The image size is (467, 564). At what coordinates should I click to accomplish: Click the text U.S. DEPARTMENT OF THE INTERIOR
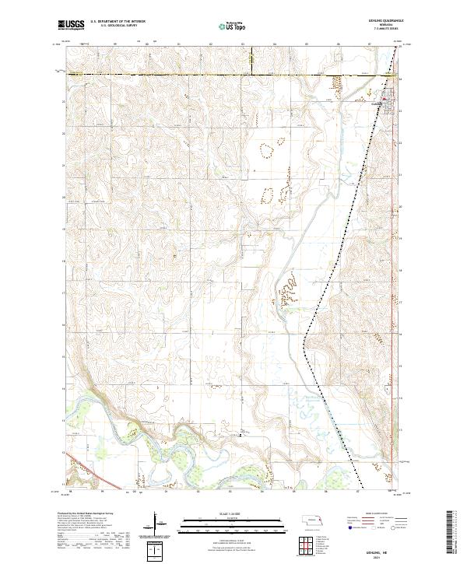(x=118, y=22)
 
